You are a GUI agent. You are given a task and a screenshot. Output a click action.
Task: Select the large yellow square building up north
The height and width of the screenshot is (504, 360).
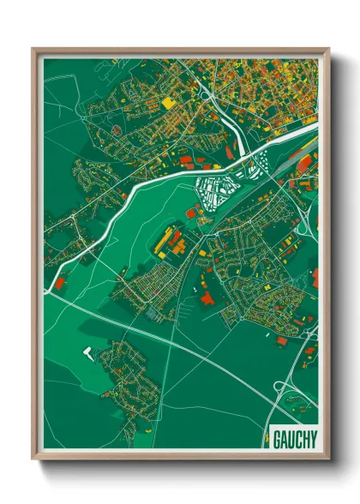166,102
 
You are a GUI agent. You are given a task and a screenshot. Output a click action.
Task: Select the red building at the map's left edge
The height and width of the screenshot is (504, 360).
61,280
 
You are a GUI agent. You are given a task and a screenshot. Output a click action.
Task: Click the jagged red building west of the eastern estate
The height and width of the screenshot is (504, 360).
208,297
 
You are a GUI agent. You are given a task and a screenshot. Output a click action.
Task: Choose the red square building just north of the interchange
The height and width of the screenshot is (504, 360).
282,341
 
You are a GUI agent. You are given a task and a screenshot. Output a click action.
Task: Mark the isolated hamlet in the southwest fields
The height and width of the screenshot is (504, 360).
129,377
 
